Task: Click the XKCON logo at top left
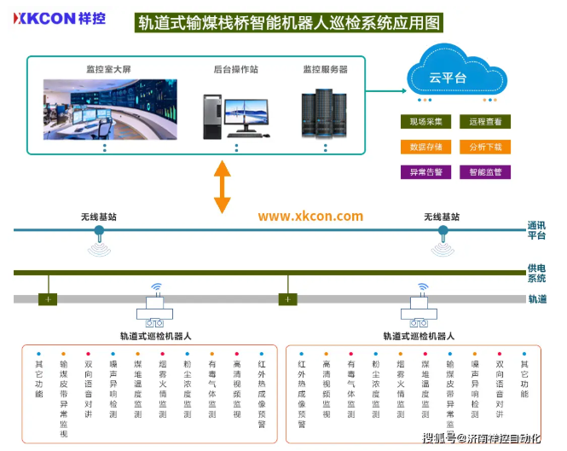click(58, 19)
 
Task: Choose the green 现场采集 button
click(425, 122)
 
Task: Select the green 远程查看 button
click(485, 122)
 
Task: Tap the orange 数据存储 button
click(425, 147)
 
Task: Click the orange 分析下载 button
click(485, 147)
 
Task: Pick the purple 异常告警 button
click(425, 171)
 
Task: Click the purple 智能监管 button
click(485, 171)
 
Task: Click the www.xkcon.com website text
click(310, 217)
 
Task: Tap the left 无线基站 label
click(99, 217)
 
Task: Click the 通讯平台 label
click(536, 230)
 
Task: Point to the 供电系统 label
click(536, 273)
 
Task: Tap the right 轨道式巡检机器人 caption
click(419, 336)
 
